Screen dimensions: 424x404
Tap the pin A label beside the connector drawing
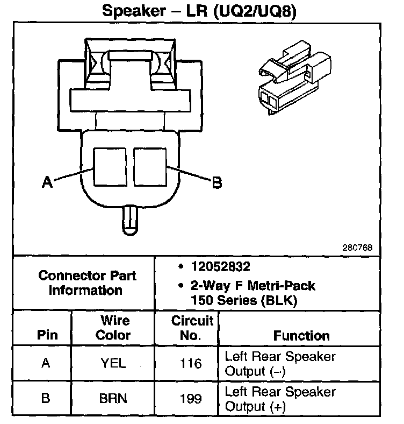47,183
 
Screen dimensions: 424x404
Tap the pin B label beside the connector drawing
217,183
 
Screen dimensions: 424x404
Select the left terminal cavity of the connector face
111,167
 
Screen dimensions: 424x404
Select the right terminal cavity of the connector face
150,167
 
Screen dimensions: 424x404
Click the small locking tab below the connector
131,220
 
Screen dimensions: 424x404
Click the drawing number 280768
356,249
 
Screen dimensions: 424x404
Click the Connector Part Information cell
87,283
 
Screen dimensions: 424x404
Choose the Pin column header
47,335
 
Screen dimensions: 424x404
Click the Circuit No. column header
192,328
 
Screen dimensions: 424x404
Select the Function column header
301,336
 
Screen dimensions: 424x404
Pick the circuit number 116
191,363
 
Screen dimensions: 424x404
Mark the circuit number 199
191,399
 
